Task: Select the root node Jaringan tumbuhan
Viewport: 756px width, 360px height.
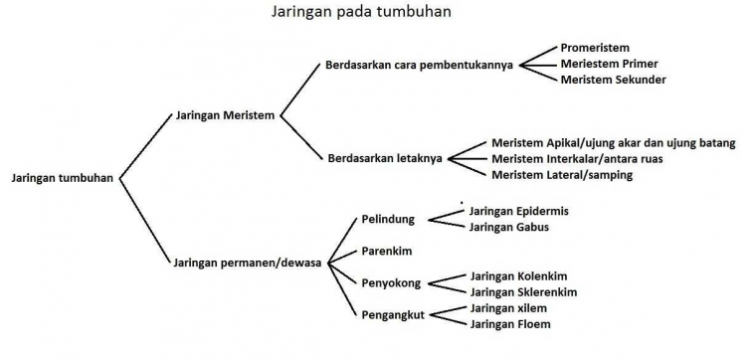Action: (62, 179)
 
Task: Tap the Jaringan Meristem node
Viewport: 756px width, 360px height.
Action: (225, 115)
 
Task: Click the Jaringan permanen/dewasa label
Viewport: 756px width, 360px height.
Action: (247, 263)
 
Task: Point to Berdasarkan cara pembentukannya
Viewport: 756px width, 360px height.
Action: (419, 66)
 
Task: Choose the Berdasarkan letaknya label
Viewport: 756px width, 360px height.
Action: (385, 157)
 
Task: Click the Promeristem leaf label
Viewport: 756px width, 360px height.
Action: (595, 48)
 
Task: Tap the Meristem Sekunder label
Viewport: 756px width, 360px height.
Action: (613, 80)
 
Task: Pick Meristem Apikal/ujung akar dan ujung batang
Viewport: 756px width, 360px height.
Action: (614, 143)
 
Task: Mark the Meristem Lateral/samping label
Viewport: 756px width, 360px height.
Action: (562, 175)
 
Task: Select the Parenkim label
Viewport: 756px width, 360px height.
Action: (386, 252)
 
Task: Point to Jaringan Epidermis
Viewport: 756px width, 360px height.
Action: (519, 211)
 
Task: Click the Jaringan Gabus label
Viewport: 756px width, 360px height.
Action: (508, 227)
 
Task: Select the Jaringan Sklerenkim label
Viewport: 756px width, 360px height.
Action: (523, 292)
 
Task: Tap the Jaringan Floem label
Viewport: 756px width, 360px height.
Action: (510, 324)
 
